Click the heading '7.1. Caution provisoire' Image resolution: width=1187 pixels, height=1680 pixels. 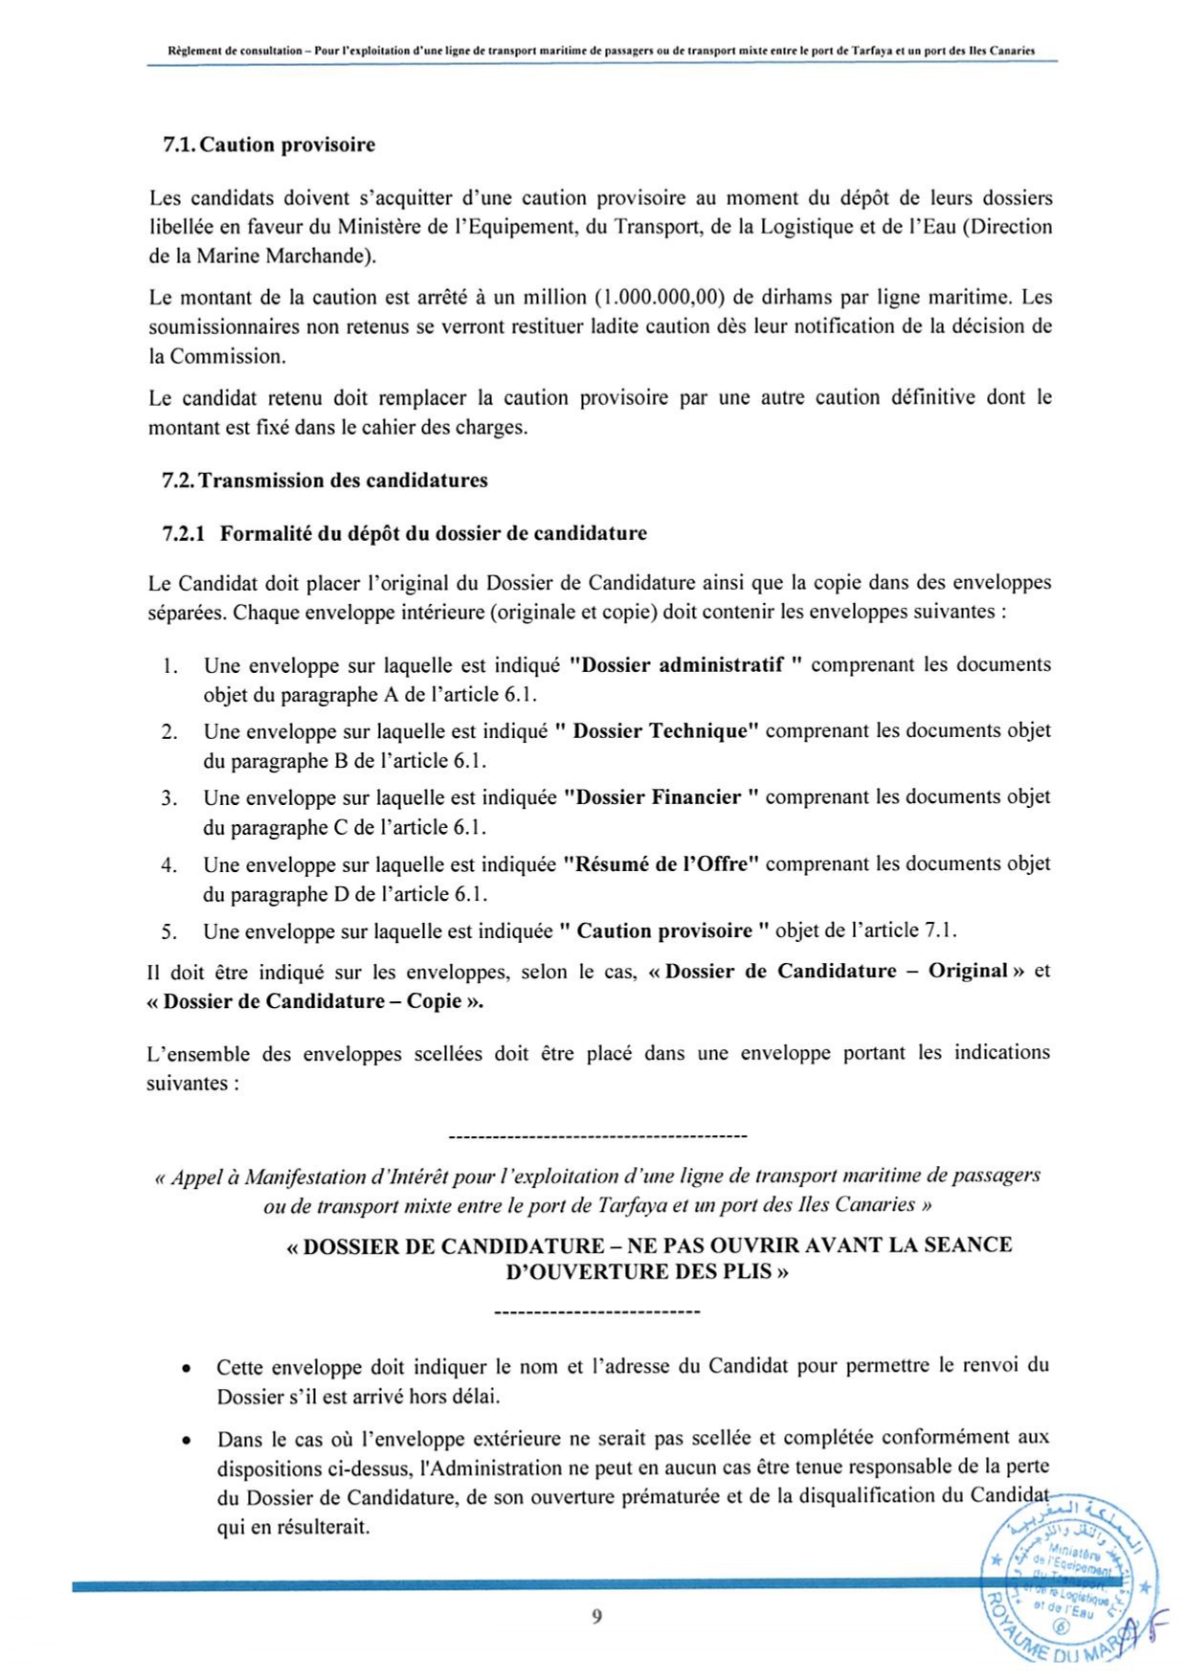point(268,146)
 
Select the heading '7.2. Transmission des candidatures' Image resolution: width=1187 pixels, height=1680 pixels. point(325,481)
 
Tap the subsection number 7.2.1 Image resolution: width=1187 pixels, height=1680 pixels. point(184,534)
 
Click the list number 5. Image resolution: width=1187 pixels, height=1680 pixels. point(169,931)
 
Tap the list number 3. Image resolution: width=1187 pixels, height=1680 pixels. point(169,798)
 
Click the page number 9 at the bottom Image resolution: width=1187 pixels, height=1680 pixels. point(596,1617)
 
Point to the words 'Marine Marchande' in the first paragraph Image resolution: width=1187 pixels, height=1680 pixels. point(280,257)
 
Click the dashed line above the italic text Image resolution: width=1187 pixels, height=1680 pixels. point(596,1137)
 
